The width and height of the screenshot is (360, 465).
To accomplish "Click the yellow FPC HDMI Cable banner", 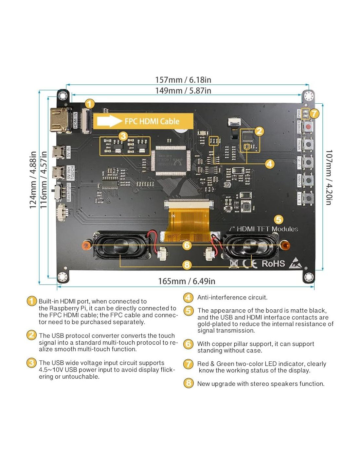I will (143, 121).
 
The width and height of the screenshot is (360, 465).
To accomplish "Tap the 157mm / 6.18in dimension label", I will (183, 80).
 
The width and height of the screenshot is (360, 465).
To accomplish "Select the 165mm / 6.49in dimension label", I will (187, 281).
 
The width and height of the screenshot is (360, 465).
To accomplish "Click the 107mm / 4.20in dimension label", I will (329, 177).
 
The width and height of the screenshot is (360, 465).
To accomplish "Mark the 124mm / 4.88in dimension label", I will (33, 180).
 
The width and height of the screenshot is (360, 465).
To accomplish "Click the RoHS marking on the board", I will (273, 264).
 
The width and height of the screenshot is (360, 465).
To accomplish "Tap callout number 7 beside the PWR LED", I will (314, 113).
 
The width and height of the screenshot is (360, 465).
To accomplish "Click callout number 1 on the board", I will (89, 104).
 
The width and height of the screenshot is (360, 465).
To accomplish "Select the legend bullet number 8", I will (189, 383).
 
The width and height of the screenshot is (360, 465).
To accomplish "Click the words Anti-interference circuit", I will (232, 298).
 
